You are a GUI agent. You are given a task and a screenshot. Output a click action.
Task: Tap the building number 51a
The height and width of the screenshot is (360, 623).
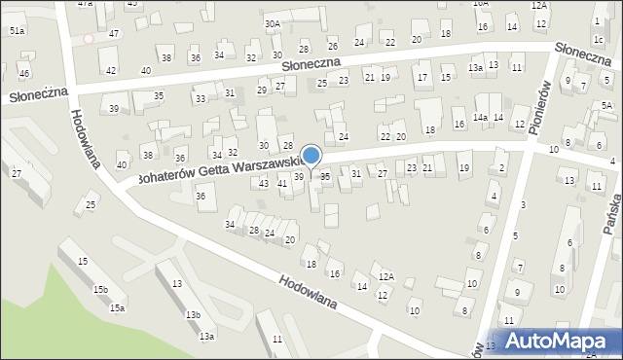click(17, 31)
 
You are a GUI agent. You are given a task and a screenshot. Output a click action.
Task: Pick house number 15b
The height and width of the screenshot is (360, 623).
click(100, 289)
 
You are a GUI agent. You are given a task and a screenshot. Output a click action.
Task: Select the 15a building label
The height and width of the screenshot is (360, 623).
click(117, 308)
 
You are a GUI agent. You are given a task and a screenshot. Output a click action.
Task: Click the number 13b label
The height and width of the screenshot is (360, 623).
click(193, 315)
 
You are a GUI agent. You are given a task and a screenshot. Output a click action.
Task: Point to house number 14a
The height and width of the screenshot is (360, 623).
click(480, 118)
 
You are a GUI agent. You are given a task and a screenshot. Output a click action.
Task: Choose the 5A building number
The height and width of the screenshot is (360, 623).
click(606, 105)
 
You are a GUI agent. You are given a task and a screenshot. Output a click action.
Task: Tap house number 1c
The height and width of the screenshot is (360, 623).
click(597, 39)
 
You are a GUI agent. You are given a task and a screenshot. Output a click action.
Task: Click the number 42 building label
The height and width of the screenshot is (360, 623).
click(111, 70)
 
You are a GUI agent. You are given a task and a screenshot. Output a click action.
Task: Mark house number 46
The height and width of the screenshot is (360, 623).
click(24, 74)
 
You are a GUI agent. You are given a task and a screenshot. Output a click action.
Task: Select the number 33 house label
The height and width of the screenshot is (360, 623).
click(200, 99)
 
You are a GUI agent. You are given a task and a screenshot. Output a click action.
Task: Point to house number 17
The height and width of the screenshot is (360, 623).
click(421, 77)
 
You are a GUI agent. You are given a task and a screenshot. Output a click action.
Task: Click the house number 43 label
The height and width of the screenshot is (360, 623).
click(264, 183)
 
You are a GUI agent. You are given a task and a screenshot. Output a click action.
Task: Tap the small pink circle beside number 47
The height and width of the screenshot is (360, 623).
click(88, 38)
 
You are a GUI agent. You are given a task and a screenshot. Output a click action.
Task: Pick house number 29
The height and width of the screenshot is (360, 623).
click(262, 90)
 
